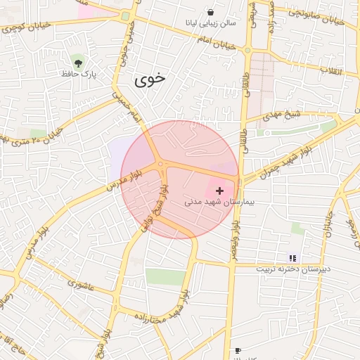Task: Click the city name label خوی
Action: coord(151,79)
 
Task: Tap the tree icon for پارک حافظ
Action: coord(77,62)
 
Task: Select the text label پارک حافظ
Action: coord(78,73)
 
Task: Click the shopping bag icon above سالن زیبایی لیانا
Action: coord(211,13)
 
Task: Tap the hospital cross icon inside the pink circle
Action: coord(219,191)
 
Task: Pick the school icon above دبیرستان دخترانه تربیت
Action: coord(292,258)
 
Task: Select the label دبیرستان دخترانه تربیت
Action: coord(292,269)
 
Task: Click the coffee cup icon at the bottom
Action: coord(238,350)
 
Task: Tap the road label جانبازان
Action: coord(328,225)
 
